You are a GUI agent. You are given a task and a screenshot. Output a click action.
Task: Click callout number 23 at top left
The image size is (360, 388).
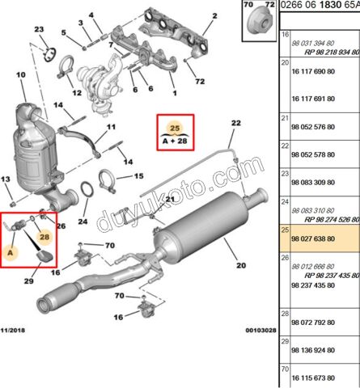point(40,31)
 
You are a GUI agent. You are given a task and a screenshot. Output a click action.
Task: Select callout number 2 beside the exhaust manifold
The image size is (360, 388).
point(214,16)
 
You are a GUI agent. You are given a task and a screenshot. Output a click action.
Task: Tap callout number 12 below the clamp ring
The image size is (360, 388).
point(77,93)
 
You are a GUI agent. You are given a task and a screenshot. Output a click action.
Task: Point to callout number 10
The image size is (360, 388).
point(11,77)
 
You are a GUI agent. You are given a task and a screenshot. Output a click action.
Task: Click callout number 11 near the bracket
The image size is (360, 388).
point(112,128)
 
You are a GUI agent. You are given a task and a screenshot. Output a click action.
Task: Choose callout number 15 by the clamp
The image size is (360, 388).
point(138,175)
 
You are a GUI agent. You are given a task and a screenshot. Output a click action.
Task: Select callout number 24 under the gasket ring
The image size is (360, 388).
point(83,221)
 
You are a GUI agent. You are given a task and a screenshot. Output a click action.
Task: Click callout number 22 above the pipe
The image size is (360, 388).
point(236,123)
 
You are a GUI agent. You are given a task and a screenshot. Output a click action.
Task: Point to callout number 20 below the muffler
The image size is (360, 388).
point(239,264)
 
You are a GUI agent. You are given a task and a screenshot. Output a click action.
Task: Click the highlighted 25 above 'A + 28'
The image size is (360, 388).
point(174,127)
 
